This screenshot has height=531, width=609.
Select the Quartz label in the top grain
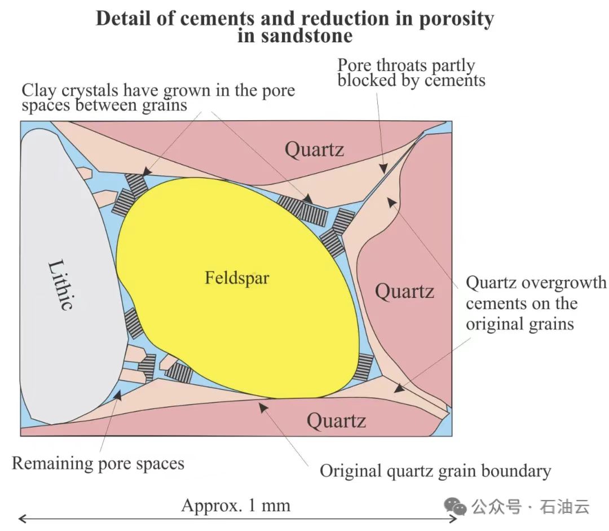pyautogui.click(x=314, y=150)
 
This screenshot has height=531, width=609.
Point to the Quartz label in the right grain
pyautogui.click(x=404, y=291)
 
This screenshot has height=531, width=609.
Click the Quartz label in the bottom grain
pyautogui.click(x=336, y=420)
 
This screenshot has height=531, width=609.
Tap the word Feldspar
pyautogui.click(x=237, y=278)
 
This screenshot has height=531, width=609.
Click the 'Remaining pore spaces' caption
pyautogui.click(x=98, y=463)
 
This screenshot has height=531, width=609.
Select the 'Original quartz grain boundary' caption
pyautogui.click(x=435, y=471)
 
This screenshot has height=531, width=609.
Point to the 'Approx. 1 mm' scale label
pyautogui.click(x=236, y=505)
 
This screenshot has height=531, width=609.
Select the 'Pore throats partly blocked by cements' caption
pyautogui.click(x=411, y=73)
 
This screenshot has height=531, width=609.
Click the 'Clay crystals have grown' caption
pyautogui.click(x=158, y=97)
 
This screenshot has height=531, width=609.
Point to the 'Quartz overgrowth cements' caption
pyautogui.click(x=536, y=303)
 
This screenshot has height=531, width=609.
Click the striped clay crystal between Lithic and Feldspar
pyautogui.click(x=134, y=323)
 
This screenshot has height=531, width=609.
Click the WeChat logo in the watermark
pyautogui.click(x=456, y=506)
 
